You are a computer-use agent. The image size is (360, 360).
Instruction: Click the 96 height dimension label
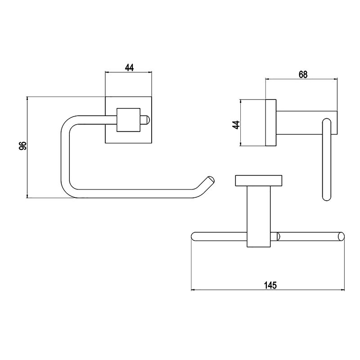coord(23,146)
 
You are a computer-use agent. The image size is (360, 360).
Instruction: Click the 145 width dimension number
coord(270,285)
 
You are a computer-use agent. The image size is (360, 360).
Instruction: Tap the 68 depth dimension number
coord(303,75)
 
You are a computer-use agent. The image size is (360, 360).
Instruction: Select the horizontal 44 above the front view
coord(129,68)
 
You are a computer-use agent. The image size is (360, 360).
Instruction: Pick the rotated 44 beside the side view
coord(236,125)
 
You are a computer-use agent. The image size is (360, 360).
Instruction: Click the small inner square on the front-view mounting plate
coord(129,120)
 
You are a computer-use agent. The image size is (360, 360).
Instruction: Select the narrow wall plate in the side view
coord(271,123)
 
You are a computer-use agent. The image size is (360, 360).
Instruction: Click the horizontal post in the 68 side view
coord(307,122)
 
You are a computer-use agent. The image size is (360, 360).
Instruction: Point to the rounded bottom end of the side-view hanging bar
coord(327,197)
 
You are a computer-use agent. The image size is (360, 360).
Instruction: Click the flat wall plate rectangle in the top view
coord(259,180)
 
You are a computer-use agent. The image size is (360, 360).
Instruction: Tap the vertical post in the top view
coord(259,216)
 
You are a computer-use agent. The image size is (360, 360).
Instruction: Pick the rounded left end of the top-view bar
coord(194,237)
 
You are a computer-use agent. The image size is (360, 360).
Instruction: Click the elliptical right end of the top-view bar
coord(342,237)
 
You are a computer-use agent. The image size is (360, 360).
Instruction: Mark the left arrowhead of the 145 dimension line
coord(193,290)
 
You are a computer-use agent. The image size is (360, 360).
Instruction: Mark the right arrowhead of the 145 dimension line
coord(343,290)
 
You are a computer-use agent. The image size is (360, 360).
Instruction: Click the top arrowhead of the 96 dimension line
coord(27,99)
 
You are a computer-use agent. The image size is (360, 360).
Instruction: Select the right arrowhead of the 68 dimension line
coord(336,79)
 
